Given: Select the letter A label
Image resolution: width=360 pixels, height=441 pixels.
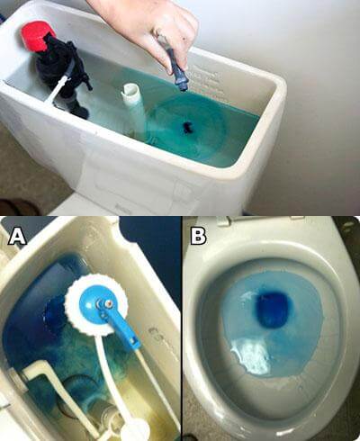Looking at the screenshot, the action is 17,236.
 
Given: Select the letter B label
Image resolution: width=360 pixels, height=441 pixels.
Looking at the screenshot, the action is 198,236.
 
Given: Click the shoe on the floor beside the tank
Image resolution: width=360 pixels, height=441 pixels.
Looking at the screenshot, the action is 17,207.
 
